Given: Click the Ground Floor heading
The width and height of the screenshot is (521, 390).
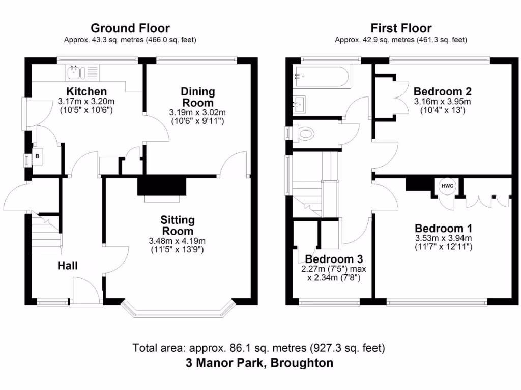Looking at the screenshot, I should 130,28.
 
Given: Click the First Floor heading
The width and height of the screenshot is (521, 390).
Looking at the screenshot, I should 401,28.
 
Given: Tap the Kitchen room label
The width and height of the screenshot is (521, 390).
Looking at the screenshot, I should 88,92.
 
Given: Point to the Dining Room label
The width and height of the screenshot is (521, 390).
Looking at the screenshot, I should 198,97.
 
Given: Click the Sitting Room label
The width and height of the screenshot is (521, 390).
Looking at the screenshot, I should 178,225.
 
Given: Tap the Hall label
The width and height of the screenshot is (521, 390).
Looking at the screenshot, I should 68,265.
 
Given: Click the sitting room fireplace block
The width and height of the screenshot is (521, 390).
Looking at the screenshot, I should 162,185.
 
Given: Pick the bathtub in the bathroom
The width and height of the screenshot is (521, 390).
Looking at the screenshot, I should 321,78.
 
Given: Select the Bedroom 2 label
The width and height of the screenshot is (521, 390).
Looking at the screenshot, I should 442,92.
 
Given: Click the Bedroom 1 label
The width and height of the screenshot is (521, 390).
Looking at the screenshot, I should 443,228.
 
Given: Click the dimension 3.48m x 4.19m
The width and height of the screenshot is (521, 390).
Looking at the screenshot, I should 177,241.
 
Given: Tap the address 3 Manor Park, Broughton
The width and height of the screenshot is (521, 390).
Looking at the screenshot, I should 259,363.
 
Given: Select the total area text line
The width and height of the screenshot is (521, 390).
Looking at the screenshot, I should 259,348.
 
